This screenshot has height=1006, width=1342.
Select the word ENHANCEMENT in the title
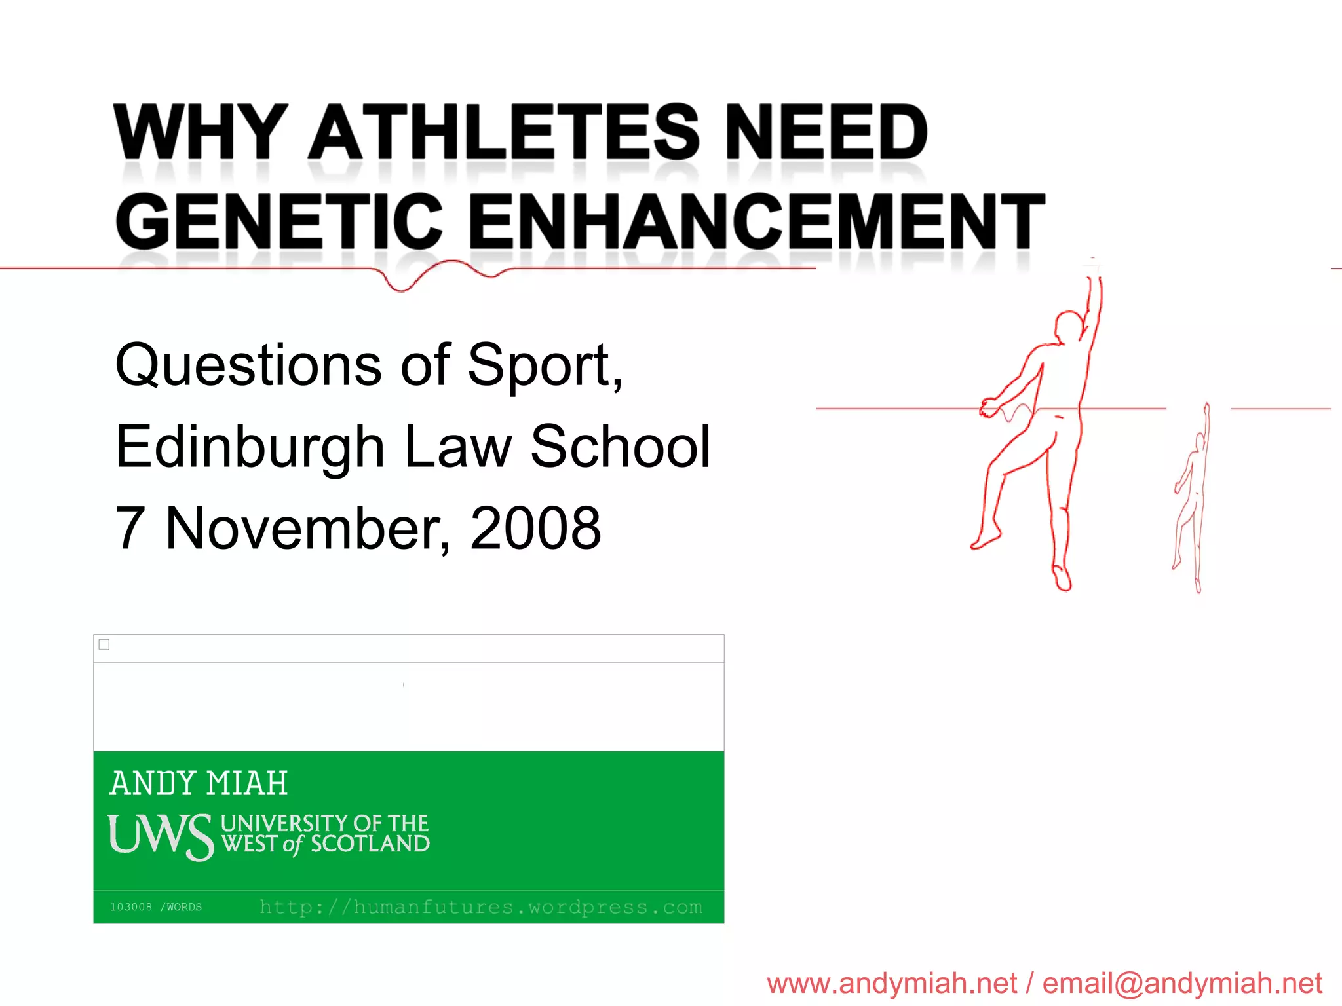[757, 221]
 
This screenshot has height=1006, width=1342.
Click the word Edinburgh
[249, 447]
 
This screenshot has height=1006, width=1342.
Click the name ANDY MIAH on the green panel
[199, 783]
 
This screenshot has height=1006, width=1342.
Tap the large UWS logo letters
[161, 836]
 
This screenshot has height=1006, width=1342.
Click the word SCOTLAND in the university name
[370, 844]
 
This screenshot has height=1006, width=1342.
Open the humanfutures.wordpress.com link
[480, 907]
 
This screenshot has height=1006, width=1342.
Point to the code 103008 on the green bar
[131, 907]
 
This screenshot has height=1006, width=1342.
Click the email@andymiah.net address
[1182, 983]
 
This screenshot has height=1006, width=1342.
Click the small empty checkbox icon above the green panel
[104, 644]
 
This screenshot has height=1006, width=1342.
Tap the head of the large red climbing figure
[1068, 326]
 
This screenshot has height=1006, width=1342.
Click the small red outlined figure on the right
[1193, 498]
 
